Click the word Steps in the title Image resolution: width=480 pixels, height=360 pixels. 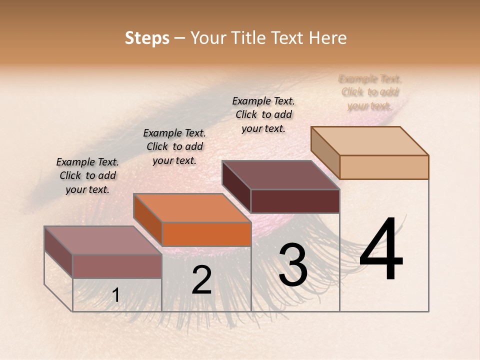click(147, 38)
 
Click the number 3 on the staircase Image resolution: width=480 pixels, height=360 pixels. click(293, 265)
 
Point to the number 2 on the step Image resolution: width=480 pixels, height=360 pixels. click(202, 280)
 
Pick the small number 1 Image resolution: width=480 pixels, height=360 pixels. click(115, 295)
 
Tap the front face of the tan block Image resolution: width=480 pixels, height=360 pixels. click(384, 167)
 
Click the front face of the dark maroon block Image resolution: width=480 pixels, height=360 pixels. click(295, 201)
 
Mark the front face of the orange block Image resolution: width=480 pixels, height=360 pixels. click(206, 234)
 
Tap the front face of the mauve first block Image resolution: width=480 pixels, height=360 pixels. click(117, 266)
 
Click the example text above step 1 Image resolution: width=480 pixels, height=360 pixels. click(87, 175)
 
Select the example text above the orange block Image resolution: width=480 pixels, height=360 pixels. click(174, 146)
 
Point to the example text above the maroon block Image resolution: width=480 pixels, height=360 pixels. click(263, 114)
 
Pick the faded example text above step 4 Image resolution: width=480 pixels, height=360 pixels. click(370, 92)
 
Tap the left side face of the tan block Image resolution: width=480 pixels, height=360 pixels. click(325, 151)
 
